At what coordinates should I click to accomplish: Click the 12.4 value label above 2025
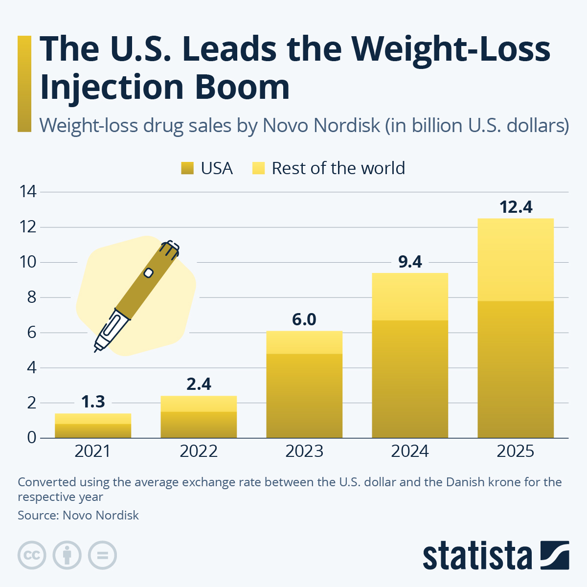click(x=516, y=207)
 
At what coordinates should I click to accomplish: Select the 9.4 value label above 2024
click(x=410, y=262)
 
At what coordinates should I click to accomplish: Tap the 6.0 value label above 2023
click(x=304, y=320)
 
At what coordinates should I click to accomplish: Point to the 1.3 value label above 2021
click(x=93, y=402)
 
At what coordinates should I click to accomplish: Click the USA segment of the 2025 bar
click(x=516, y=369)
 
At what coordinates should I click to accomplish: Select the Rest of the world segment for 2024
click(x=410, y=296)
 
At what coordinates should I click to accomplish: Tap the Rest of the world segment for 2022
click(x=199, y=404)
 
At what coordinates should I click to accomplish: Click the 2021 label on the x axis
click(x=93, y=451)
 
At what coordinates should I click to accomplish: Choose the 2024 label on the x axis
click(x=410, y=451)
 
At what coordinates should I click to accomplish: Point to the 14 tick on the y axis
click(x=28, y=192)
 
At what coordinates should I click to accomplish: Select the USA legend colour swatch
click(x=188, y=168)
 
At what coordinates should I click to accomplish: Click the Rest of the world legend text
click(x=338, y=168)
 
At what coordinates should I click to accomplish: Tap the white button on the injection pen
click(x=148, y=273)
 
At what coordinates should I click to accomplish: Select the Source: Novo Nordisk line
click(x=78, y=515)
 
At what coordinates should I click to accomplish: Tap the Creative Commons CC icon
click(x=32, y=555)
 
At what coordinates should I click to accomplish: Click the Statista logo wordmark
click(x=477, y=556)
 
